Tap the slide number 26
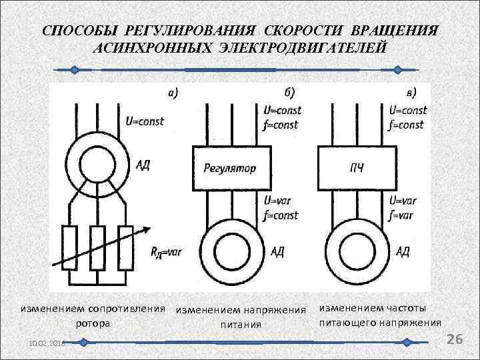455,339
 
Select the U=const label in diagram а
145,121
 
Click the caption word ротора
93,323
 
